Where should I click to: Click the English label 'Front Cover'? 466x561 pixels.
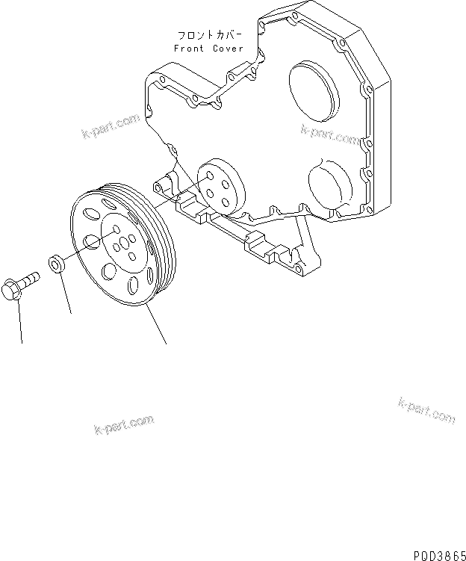[208, 48]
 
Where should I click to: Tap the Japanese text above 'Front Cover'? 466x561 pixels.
[208, 35]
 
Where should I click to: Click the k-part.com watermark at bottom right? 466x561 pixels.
[426, 410]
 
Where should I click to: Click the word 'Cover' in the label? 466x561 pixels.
[227, 48]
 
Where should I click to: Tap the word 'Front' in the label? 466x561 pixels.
[189, 48]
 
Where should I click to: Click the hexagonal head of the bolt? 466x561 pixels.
[14, 288]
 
